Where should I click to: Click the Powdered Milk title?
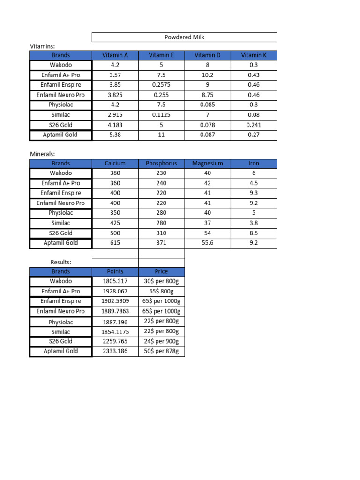pyautogui.click(x=184, y=37)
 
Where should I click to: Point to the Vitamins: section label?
pyautogui.click(x=43, y=46)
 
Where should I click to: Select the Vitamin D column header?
pyautogui.click(x=207, y=55)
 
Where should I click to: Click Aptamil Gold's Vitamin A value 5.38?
pyautogui.click(x=115, y=135)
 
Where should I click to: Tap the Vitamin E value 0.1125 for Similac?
pyautogui.click(x=161, y=115)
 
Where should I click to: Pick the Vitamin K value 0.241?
pyautogui.click(x=254, y=125)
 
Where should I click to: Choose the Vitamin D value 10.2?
pyautogui.click(x=207, y=75)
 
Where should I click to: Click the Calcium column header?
pyautogui.click(x=115, y=164)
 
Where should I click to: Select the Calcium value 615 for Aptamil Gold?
pyautogui.click(x=115, y=243)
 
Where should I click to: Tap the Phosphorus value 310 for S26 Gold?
pyautogui.click(x=161, y=233)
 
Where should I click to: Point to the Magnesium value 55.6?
pyautogui.click(x=208, y=243)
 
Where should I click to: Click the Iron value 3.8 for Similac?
pyautogui.click(x=254, y=223)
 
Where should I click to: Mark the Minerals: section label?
pyautogui.click(x=43, y=154)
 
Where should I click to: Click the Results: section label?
pyautogui.click(x=61, y=262)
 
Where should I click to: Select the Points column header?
pyautogui.click(x=115, y=271)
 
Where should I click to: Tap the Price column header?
pyautogui.click(x=161, y=271)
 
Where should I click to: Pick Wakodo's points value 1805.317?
pyautogui.click(x=115, y=281)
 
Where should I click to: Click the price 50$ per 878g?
pyautogui.click(x=161, y=351)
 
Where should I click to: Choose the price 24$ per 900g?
pyautogui.click(x=161, y=341)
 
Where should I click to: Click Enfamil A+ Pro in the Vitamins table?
pyautogui.click(x=61, y=75)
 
